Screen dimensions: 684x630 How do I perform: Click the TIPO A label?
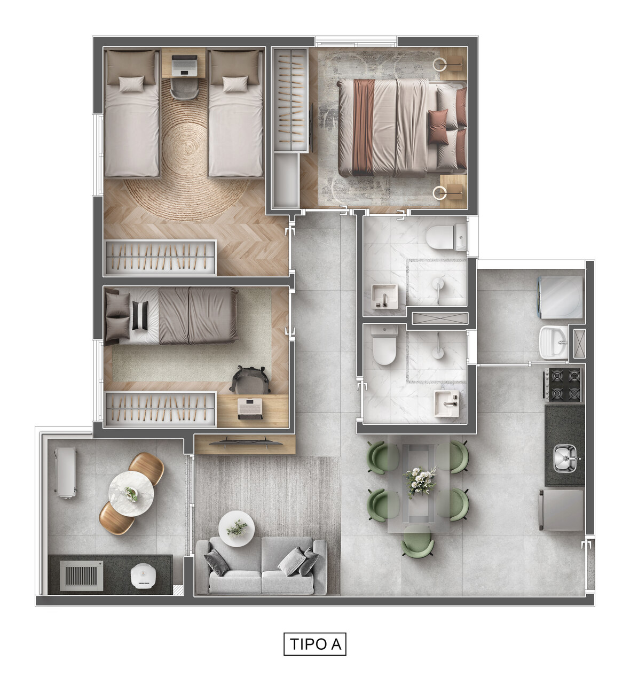[x=315, y=643]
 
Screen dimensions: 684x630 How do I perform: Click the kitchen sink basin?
[x=564, y=458]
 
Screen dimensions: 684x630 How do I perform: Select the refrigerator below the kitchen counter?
[x=562, y=510]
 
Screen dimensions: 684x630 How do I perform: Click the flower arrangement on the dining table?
[x=420, y=478]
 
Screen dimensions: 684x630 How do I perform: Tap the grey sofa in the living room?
[x=261, y=568]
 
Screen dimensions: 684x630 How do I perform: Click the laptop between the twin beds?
[x=184, y=65]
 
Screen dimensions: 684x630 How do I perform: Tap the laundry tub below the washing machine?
[x=554, y=342]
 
